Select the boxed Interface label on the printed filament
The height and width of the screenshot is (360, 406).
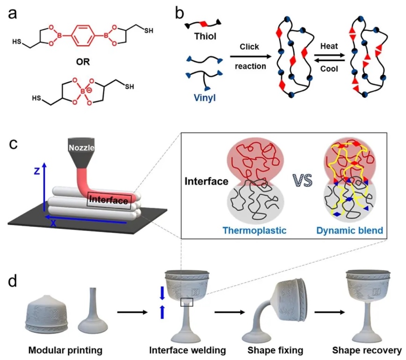pyautogui.click(x=108, y=201)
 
